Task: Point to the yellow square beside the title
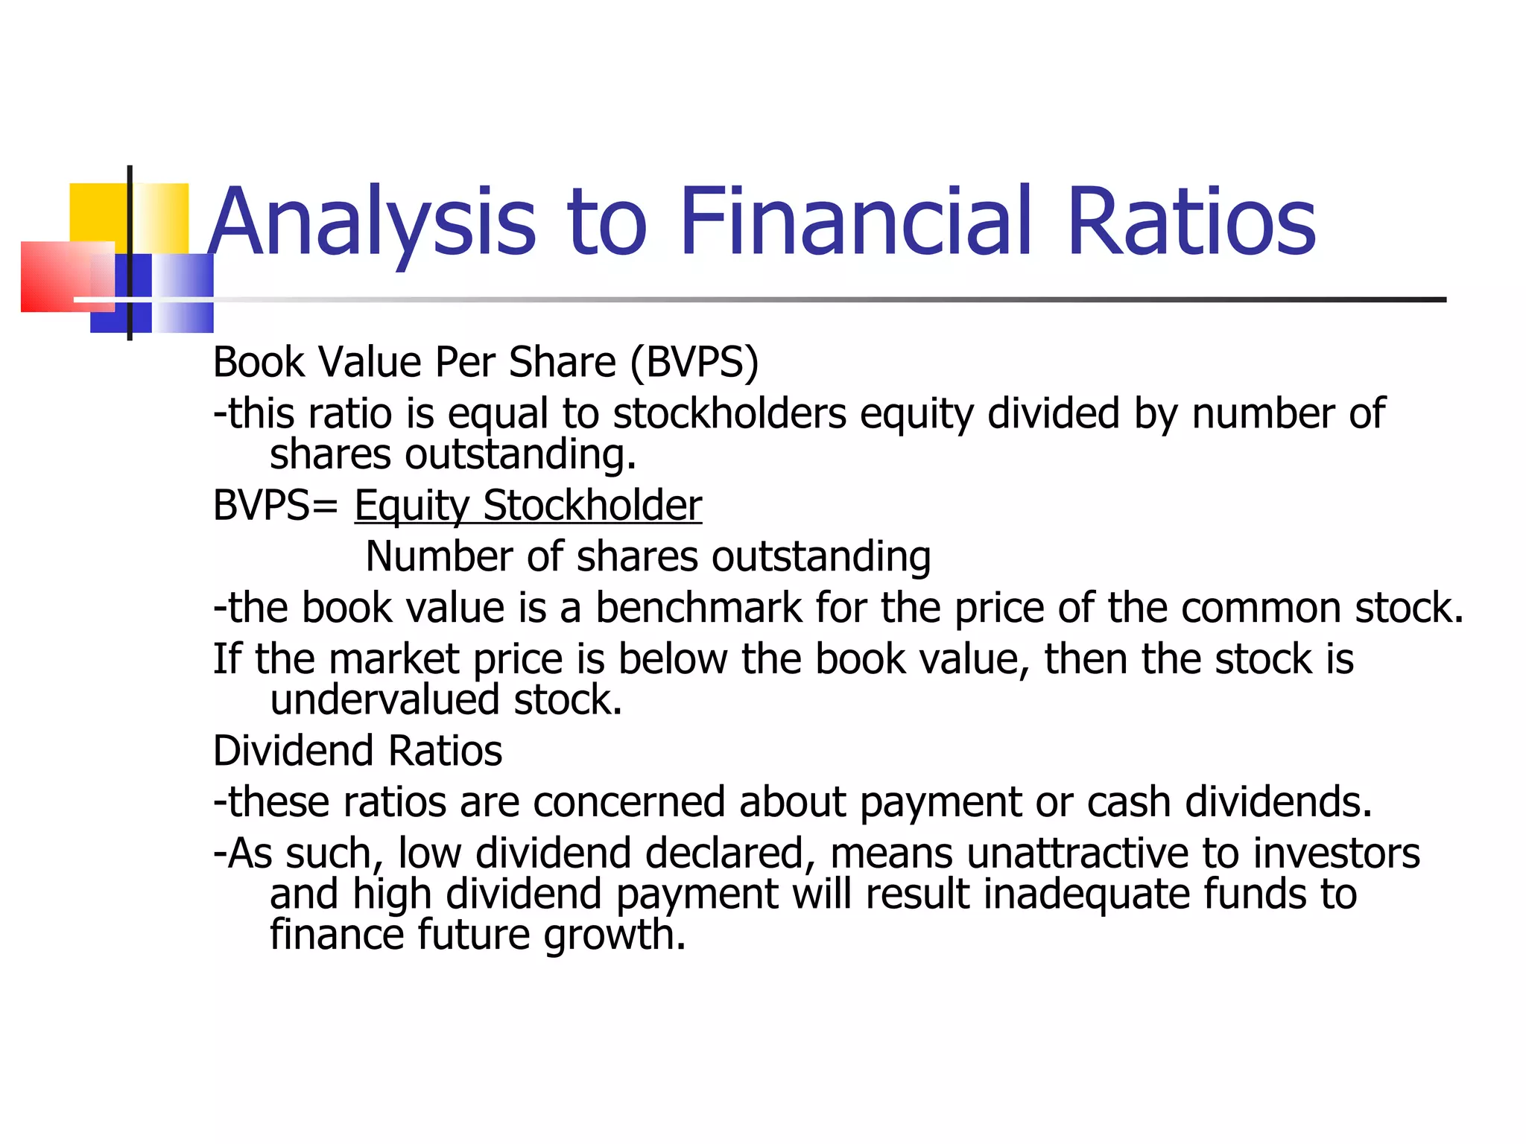[101, 212]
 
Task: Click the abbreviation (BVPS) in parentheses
[694, 363]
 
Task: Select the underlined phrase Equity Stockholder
[528, 506]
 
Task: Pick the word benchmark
[698, 608]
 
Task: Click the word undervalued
[384, 700]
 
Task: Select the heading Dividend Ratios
[358, 751]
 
